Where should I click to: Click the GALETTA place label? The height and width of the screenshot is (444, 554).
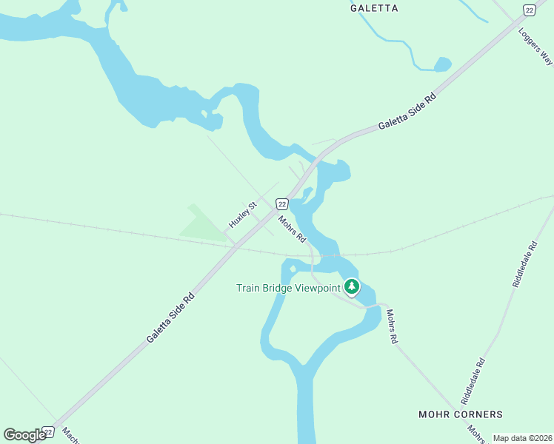tap(374, 8)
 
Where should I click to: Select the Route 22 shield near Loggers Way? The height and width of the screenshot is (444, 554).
tap(528, 9)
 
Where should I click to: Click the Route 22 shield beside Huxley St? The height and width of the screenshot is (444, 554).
tap(281, 203)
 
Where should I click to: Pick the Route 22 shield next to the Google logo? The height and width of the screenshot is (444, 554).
tap(48, 431)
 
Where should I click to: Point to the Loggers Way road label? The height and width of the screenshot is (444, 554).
tap(535, 46)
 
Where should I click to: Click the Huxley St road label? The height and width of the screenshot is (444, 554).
tap(242, 213)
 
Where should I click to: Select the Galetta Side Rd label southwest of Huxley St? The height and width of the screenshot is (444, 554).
tap(170, 316)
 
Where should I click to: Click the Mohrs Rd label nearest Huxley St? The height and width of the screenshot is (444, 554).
tap(292, 229)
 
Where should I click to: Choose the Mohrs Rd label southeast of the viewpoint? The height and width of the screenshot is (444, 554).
tap(391, 326)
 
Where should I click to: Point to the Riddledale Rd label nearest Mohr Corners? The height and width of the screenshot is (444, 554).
tap(472, 381)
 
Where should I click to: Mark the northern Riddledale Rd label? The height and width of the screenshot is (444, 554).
tap(524, 263)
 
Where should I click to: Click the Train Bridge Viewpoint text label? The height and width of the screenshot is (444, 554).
tap(288, 288)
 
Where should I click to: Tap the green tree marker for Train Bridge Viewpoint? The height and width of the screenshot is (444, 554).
tap(352, 286)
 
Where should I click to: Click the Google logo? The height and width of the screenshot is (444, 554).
tap(25, 434)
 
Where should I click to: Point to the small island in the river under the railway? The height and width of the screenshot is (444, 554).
tap(293, 269)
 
